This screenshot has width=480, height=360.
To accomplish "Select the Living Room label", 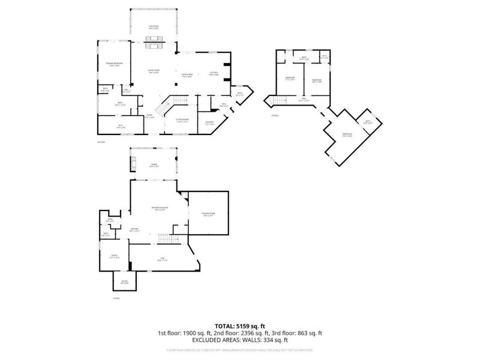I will pos(154,71).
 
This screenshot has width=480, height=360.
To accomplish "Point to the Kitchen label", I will pos(214,73).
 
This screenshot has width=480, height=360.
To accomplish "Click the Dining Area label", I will pos(187,76).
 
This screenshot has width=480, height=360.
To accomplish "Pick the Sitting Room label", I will pos(182,120).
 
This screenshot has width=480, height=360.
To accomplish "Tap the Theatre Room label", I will pos(208,215).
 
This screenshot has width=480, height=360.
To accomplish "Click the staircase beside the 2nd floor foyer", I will pos(163,107).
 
